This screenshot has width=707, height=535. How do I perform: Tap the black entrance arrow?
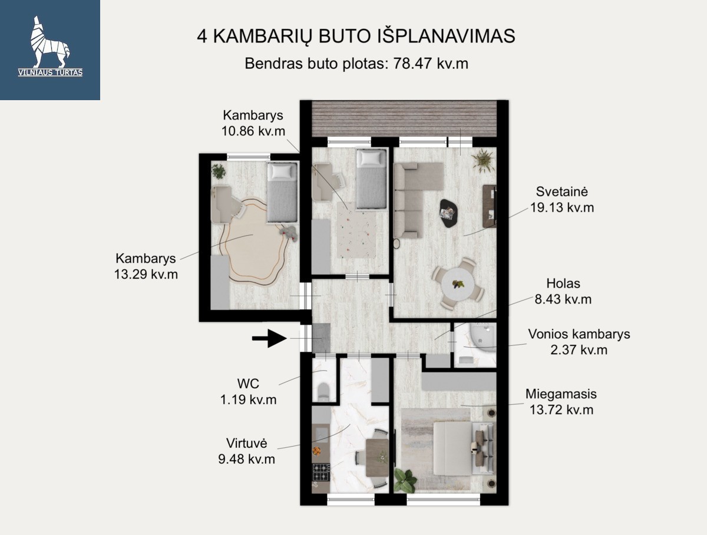(x=269, y=338)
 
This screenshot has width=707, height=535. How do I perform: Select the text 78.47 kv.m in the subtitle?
(x=431, y=64)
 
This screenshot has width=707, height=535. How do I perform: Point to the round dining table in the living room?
(x=458, y=285)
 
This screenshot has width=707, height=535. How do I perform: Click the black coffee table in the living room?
(x=448, y=213)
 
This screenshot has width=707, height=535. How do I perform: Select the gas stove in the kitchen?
(x=321, y=472)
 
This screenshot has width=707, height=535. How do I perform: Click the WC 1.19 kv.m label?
(x=248, y=392)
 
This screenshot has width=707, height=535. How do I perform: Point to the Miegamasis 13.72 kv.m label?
(x=561, y=402)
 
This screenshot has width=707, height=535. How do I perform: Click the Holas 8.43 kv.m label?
(x=563, y=291)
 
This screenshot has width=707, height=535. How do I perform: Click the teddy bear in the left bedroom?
(x=290, y=233)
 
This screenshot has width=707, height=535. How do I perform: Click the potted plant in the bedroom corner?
(x=405, y=480)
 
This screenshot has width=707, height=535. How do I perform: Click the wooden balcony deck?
(x=404, y=118)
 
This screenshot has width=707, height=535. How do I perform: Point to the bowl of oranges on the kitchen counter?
(x=316, y=451)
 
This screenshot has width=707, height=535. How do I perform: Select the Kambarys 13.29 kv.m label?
(x=146, y=266)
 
